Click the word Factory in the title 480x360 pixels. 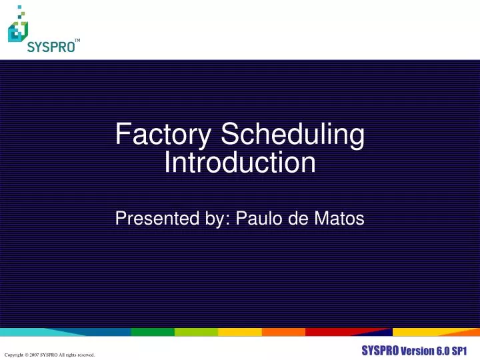(x=164, y=135)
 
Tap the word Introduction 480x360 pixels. (x=240, y=163)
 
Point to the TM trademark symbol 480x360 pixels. (x=77, y=41)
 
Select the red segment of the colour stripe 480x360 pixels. (x=327, y=332)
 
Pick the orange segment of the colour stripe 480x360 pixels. (x=283, y=332)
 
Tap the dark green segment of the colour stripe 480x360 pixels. (x=152, y=332)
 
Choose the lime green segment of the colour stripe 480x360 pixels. (x=196, y=332)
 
